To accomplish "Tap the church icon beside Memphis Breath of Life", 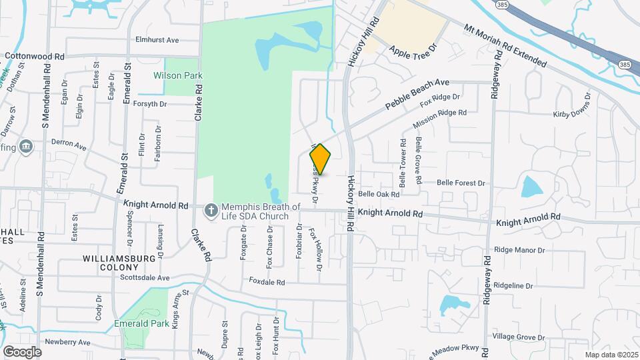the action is [211, 211].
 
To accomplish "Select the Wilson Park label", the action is [178, 76].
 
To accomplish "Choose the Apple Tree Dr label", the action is [413, 51].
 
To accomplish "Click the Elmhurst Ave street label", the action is [157, 40].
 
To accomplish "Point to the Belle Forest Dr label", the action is [461, 183].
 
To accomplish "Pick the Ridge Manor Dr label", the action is [519, 250].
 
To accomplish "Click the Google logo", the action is [22, 351].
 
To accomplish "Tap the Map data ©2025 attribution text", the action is [611, 355].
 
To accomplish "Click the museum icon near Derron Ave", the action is [26, 146].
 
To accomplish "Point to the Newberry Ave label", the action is [66, 342].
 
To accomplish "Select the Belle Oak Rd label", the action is [379, 195].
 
